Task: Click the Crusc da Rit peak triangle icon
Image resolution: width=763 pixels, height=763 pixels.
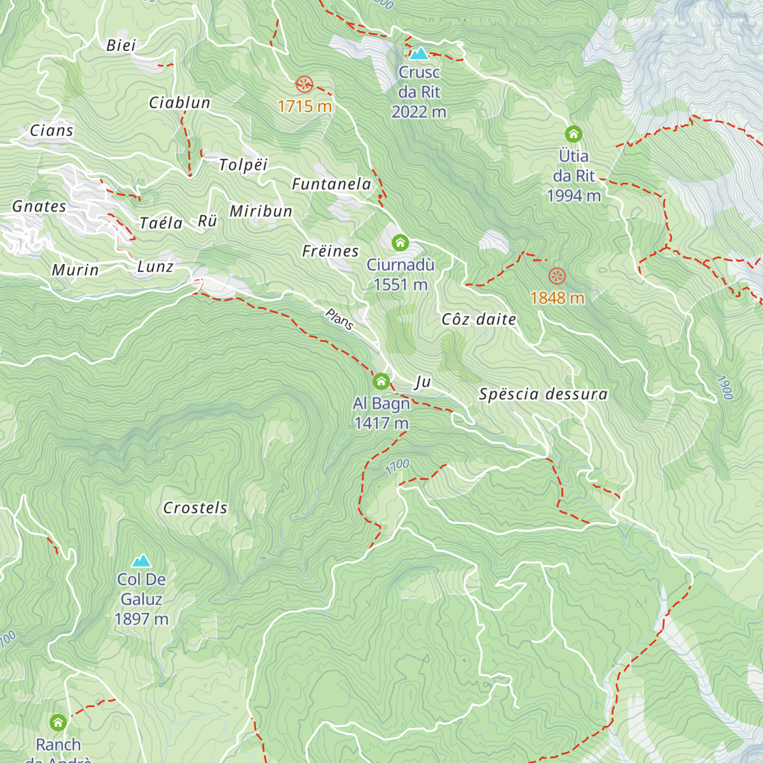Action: pos(419,53)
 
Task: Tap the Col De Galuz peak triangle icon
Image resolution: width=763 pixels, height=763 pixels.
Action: pos(141,560)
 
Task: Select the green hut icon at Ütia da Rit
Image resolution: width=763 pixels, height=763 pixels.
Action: pos(574,134)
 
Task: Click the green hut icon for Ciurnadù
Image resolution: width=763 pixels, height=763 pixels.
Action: pos(400,242)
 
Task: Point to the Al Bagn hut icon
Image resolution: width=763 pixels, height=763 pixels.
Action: pos(381,381)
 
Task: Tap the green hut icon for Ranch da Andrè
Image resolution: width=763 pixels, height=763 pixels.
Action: pos(58,722)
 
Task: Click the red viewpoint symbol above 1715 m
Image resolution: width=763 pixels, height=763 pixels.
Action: pos(305,83)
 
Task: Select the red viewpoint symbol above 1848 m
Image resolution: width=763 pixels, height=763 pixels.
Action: pos(557,275)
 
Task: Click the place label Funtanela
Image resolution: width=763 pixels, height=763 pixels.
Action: pos(331,184)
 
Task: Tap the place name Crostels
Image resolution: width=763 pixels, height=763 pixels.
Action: pos(195,507)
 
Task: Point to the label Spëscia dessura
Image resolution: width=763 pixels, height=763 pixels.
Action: pos(543,394)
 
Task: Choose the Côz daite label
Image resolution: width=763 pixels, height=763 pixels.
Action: pos(479,319)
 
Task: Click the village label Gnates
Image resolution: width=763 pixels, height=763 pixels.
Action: pos(39,207)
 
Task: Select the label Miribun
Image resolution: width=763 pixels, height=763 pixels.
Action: pos(261,211)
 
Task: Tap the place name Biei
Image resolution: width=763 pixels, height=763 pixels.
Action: pos(121,45)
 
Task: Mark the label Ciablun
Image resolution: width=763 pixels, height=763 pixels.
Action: pos(179,102)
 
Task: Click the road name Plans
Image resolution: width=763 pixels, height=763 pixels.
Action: pos(339,319)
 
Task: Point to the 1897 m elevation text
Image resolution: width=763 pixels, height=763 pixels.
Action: pos(141,619)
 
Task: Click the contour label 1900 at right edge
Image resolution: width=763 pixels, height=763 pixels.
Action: pos(725,387)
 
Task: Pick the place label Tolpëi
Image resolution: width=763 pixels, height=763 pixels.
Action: pos(243,165)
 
